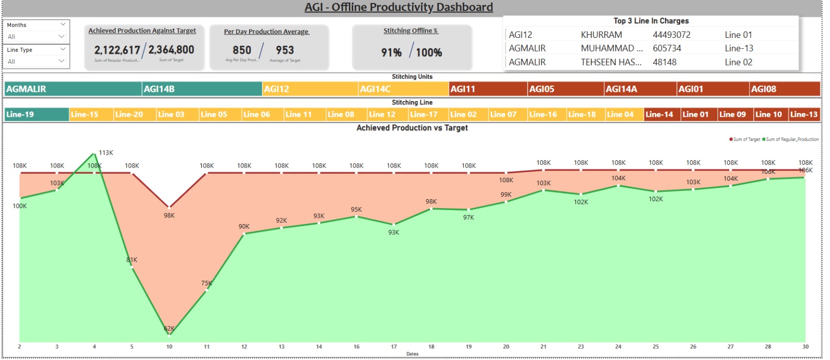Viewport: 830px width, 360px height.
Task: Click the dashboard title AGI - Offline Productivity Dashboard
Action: pos(398,7)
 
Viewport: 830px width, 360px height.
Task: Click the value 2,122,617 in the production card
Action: pos(117,50)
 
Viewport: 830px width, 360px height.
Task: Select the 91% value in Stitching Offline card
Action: pos(391,52)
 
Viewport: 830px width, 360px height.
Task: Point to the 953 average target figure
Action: pos(285,50)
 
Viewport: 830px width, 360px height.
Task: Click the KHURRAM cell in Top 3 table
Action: pos(601,35)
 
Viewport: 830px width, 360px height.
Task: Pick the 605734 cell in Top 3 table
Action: pos(667,48)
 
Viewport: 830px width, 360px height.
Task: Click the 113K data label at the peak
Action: pos(106,153)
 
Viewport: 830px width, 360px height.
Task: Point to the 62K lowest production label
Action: pos(169,328)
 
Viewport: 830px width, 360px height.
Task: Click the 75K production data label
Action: pos(206,283)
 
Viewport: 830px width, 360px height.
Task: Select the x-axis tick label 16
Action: pos(356,347)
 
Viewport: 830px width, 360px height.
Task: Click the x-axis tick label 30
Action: pos(805,347)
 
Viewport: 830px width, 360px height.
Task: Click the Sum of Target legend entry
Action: pos(745,140)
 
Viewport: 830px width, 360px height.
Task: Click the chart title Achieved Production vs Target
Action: pos(412,128)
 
